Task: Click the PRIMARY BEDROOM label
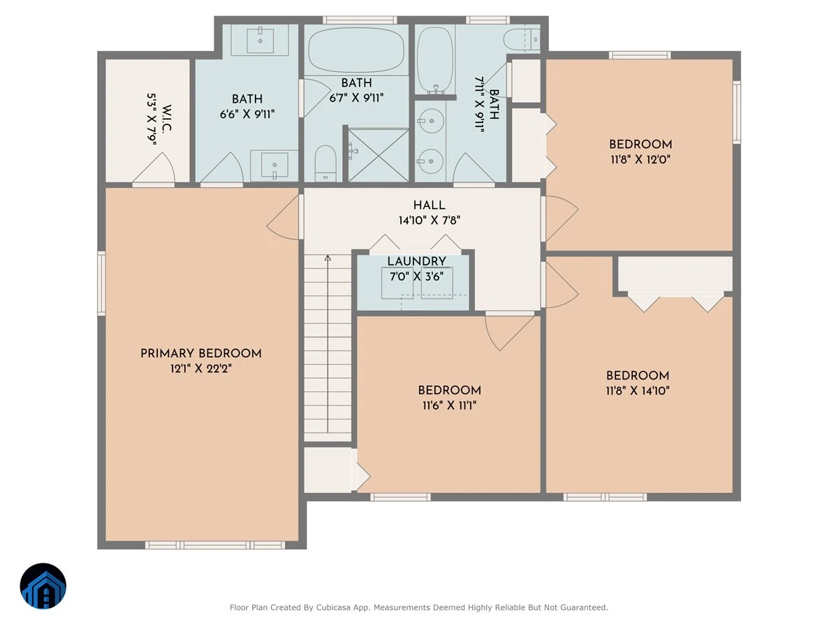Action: [x=201, y=353]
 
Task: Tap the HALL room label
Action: [x=429, y=205]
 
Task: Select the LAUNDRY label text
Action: [x=416, y=261]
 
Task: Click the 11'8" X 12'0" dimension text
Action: [x=640, y=159]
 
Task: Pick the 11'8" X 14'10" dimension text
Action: [x=638, y=390]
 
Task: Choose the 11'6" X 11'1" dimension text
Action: [x=449, y=405]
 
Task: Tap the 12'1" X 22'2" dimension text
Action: [x=201, y=368]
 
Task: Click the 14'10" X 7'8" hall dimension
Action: [x=429, y=220]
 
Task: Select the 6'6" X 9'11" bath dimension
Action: [x=247, y=114]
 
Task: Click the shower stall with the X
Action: [x=378, y=155]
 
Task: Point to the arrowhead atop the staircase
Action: [x=328, y=258]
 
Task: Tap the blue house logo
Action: [x=43, y=586]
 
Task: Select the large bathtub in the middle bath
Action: [x=356, y=50]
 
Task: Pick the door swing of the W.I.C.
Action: [x=154, y=168]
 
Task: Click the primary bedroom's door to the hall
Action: [x=283, y=217]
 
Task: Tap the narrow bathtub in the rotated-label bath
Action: [x=435, y=60]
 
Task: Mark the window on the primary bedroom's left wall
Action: [x=101, y=283]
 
